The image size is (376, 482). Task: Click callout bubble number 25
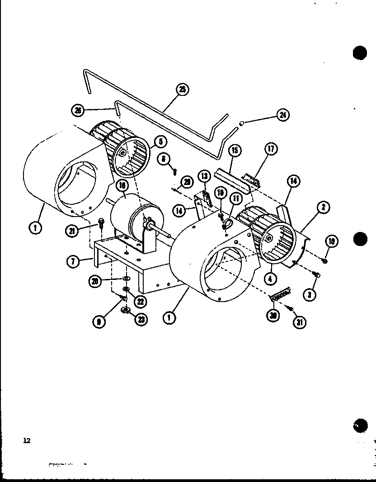point(182,90)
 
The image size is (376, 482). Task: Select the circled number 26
point(78,110)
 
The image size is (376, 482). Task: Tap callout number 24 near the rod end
point(282,115)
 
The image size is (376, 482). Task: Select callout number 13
point(204,176)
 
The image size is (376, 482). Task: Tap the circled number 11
point(236,198)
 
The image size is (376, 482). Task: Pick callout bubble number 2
point(323,208)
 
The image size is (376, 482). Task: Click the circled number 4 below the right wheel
point(270,279)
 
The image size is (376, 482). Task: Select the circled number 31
point(298,322)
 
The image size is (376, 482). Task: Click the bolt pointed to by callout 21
point(100,222)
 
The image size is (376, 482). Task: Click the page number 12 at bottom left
point(27,440)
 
